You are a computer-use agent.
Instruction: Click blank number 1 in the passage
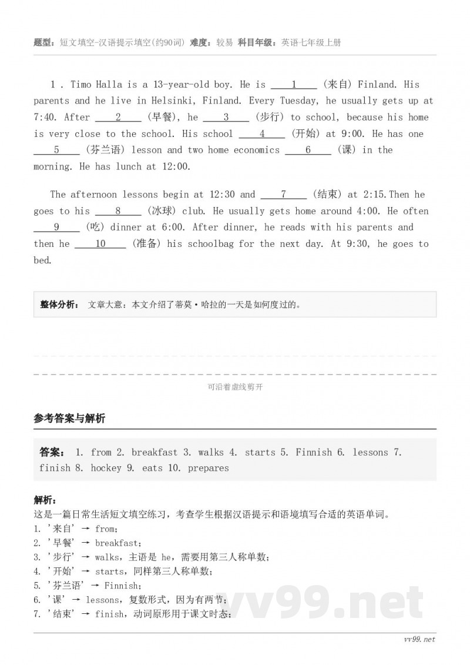click(294, 84)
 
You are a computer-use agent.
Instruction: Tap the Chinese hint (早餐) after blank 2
click(160, 117)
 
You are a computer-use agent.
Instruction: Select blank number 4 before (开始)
click(262, 133)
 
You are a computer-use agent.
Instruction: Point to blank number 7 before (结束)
click(283, 194)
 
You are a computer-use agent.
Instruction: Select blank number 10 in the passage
click(100, 243)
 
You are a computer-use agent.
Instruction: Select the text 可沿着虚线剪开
click(234, 387)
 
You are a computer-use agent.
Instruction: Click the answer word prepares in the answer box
click(209, 468)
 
